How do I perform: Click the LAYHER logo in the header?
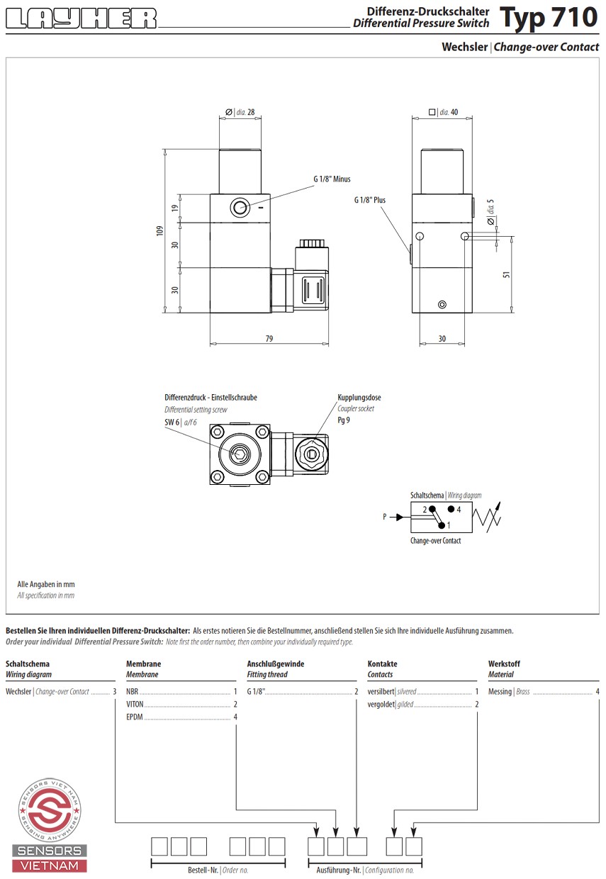click(81, 18)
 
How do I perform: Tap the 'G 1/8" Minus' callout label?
click(332, 179)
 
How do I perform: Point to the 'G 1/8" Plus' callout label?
click(370, 201)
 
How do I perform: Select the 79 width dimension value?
click(269, 339)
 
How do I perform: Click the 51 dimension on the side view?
click(507, 274)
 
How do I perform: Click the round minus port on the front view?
click(240, 208)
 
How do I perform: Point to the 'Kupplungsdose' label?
click(359, 398)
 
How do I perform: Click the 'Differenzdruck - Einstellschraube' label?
click(211, 398)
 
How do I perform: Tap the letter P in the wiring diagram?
click(385, 517)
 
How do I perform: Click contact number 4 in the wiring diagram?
click(459, 509)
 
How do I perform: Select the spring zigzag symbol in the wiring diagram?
click(490, 517)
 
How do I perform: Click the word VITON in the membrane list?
click(135, 704)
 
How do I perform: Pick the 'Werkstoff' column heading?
click(504, 664)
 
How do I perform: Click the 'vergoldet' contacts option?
click(381, 704)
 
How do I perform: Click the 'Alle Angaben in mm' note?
click(46, 584)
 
